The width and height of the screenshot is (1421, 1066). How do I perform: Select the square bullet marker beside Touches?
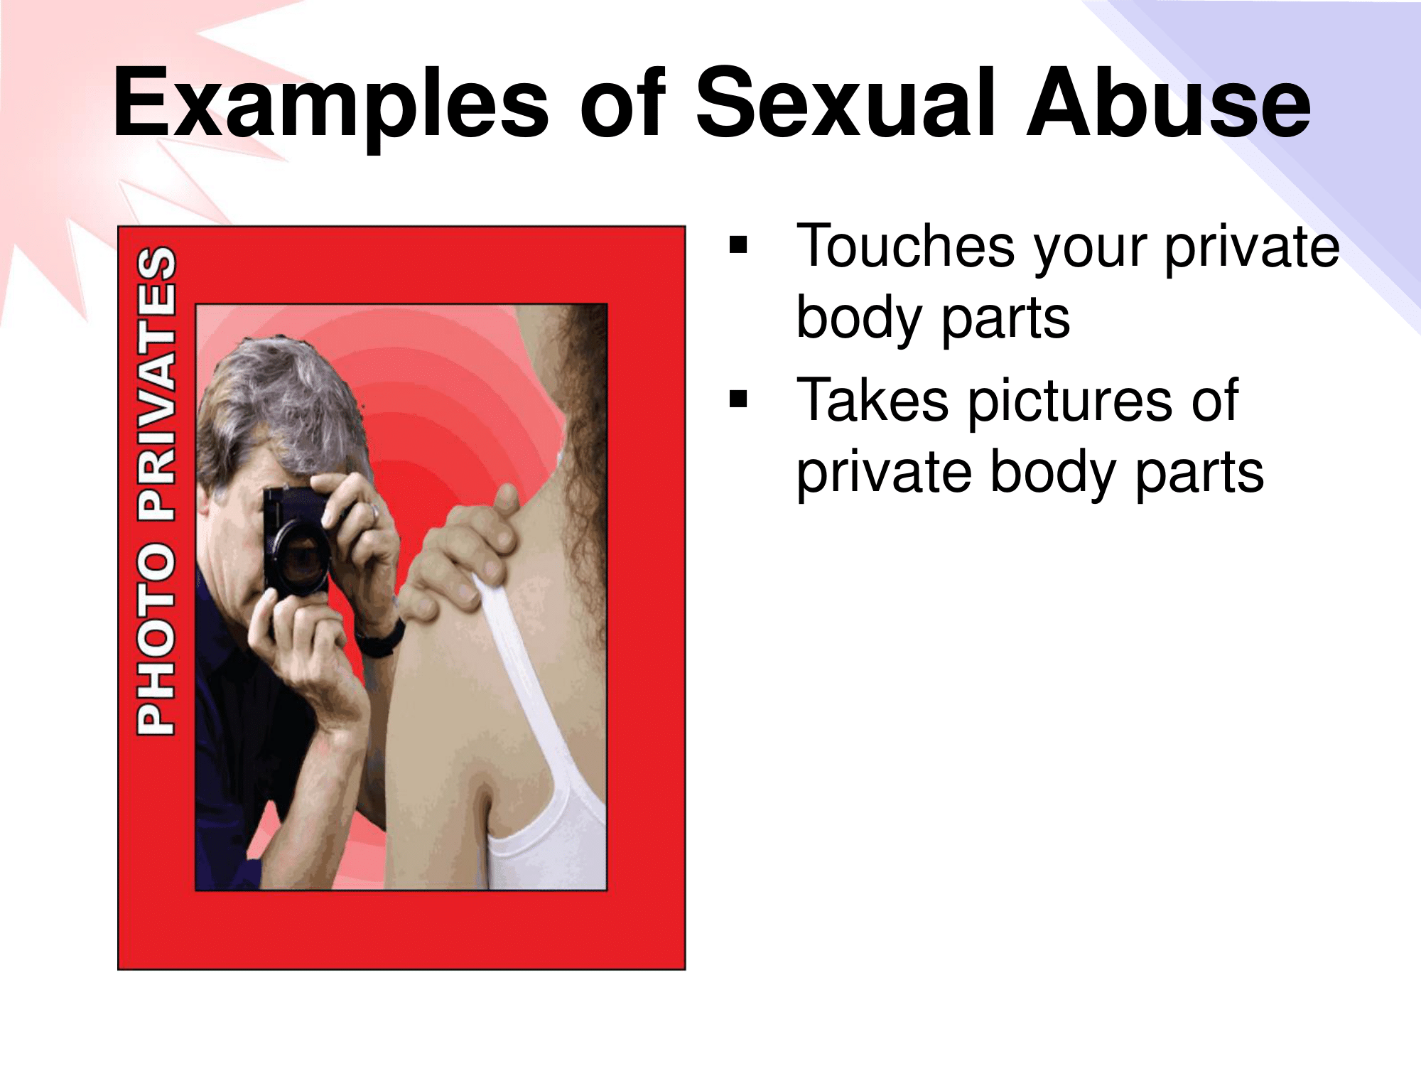click(x=739, y=244)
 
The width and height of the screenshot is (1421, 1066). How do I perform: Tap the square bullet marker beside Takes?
click(x=739, y=399)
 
